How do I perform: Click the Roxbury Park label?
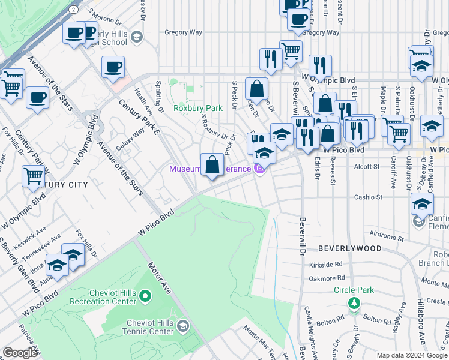click(x=198, y=108)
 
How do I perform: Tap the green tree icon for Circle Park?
click(x=354, y=302)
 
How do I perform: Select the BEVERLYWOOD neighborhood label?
click(x=349, y=248)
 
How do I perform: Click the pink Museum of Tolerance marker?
click(x=259, y=170)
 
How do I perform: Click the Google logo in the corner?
click(x=20, y=353)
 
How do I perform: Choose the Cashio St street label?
click(x=369, y=197)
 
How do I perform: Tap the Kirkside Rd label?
click(x=326, y=263)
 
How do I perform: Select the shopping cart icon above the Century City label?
click(x=33, y=176)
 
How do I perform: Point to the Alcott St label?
click(x=364, y=167)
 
